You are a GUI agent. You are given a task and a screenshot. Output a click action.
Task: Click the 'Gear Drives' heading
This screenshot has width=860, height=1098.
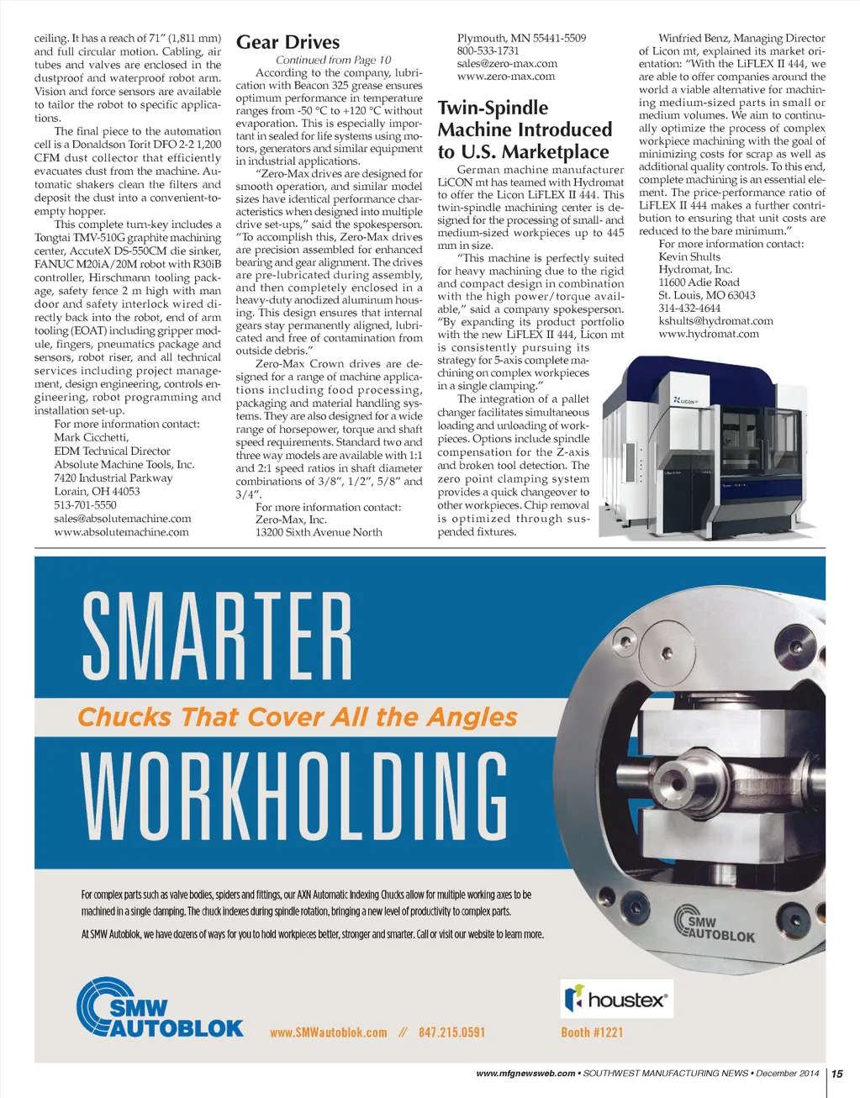[288, 42]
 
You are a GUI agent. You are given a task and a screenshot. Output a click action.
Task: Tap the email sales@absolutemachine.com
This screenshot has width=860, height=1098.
[122, 519]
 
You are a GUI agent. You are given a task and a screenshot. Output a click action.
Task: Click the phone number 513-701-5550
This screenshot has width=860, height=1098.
[85, 505]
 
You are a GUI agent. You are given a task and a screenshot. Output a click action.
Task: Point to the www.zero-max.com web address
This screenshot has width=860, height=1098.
[505, 77]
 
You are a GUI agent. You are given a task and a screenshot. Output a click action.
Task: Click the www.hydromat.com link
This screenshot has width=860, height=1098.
[708, 334]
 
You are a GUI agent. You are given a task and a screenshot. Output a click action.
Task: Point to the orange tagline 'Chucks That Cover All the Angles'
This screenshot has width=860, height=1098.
[298, 717]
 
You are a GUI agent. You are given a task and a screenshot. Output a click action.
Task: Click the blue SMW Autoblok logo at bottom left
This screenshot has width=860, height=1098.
[159, 1008]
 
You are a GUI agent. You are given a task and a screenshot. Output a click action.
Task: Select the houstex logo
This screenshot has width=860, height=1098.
[617, 999]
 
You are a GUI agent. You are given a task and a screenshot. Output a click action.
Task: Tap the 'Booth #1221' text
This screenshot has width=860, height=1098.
[592, 1032]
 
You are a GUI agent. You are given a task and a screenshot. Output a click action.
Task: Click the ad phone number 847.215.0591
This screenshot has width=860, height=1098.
[451, 1032]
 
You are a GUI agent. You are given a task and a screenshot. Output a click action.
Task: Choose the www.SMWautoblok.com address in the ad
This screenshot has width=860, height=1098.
[328, 1032]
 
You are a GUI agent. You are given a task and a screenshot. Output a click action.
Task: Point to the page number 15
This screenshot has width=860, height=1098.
[837, 1074]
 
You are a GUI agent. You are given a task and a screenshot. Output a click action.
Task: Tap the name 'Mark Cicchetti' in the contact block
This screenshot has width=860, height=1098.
[91, 437]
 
